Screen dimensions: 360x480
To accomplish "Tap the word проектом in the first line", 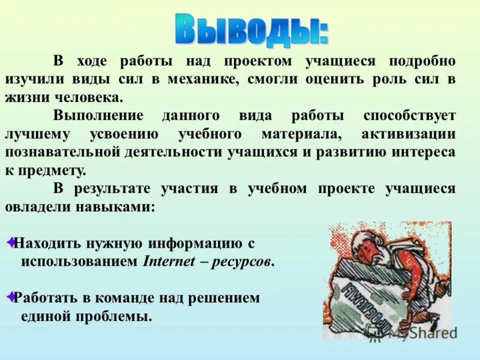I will click(259, 62).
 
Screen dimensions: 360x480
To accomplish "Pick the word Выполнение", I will click(98, 115).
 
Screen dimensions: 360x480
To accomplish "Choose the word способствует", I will click(409, 115).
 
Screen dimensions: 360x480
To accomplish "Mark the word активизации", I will click(409, 133).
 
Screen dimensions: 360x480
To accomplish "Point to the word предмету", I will click(52, 170).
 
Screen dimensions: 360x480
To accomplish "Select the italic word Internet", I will click(169, 262).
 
